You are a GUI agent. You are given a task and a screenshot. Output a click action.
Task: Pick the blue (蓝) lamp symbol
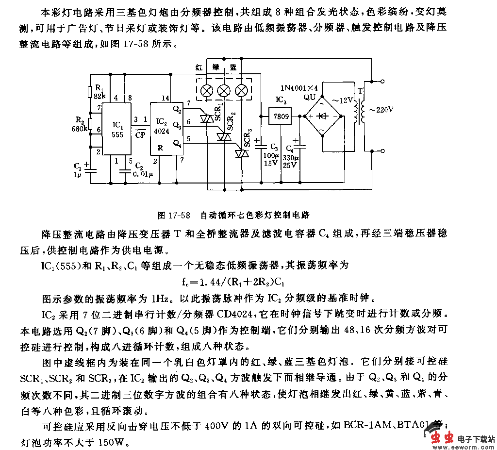coord(241,90)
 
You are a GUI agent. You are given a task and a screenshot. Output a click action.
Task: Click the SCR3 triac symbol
coord(241,153)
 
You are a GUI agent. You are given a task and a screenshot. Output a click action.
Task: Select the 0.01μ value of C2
coord(144,173)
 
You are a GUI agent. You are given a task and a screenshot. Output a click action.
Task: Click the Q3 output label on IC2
coord(177,126)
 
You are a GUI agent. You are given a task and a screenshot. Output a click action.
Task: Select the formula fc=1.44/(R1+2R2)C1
coord(235,282)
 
